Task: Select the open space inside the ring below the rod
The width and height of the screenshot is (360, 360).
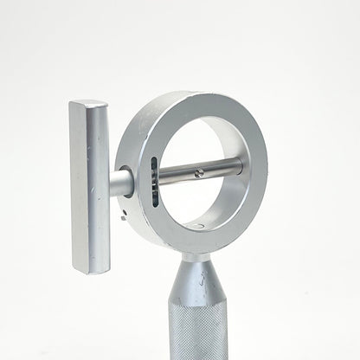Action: tap(204, 203)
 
